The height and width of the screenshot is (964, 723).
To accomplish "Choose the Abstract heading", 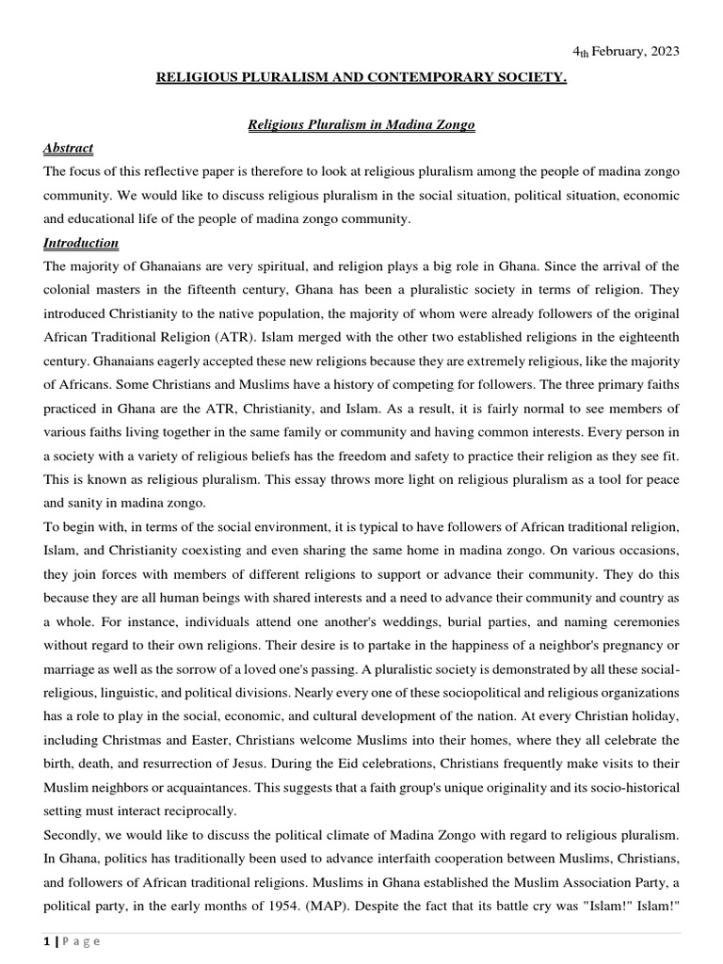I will [x=69, y=149].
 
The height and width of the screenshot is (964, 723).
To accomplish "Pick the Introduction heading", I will [x=81, y=243].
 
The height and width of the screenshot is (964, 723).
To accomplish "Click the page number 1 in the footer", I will [x=46, y=940].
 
